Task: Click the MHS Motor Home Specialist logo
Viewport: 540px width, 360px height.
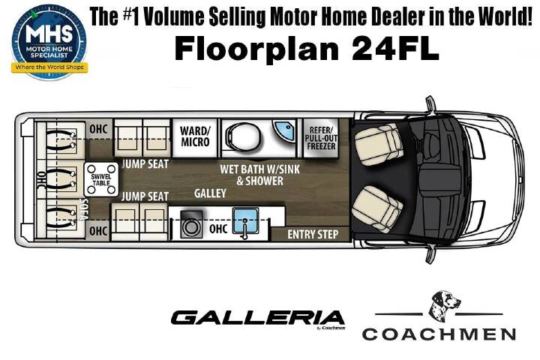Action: pos(49,42)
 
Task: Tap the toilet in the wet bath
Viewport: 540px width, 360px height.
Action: pos(243,136)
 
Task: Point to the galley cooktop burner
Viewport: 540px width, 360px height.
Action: pos(191,224)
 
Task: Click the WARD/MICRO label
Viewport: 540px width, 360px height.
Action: pos(195,136)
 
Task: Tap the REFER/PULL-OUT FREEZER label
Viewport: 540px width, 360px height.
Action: pos(321,138)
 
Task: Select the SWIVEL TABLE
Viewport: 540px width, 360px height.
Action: pos(101,179)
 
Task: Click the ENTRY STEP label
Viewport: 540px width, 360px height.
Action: pos(313,234)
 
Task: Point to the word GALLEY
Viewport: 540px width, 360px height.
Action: pos(210,193)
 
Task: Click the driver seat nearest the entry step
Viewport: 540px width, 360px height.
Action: pos(376,208)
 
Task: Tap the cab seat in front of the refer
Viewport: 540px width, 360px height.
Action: pos(378,145)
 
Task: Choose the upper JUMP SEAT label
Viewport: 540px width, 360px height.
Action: pos(145,163)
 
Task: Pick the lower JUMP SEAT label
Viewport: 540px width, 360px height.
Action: pos(145,196)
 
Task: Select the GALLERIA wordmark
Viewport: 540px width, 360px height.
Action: pos(257,318)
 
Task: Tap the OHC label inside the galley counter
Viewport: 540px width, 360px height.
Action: pos(218,229)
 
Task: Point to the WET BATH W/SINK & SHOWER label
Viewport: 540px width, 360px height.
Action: pos(260,175)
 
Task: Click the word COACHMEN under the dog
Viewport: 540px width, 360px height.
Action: pos(439,334)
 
